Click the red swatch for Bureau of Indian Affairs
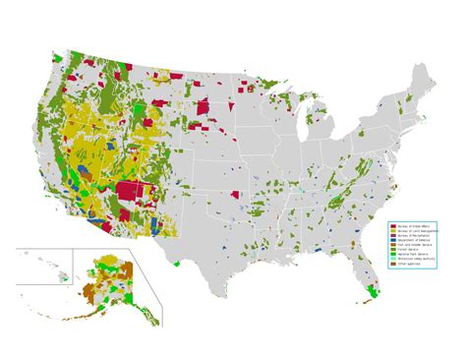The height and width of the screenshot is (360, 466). pyautogui.click(x=393, y=226)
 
